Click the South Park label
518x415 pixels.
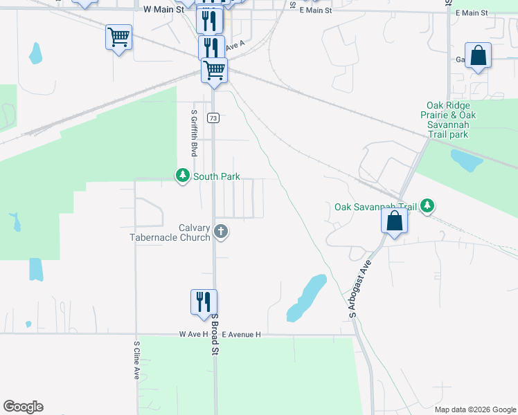click(216, 176)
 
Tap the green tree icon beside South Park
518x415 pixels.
click(183, 176)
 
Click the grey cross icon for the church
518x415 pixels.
click(221, 231)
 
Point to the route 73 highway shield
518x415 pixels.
click(213, 118)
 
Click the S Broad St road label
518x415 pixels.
click(215, 334)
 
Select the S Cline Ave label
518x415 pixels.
click(136, 360)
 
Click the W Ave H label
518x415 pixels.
click(193, 335)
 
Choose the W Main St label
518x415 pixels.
click(163, 10)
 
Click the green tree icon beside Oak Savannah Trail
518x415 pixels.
click(428, 205)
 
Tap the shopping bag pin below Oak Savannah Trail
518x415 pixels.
click(394, 222)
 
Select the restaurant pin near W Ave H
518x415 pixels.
click(204, 302)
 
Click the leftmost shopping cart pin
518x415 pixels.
click(118, 37)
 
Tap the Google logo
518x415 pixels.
click(23, 407)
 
